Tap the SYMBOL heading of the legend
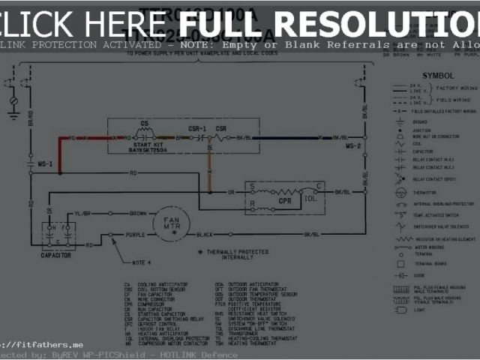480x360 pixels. [437, 76]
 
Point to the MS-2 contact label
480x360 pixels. [353, 145]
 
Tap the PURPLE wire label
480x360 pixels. [135, 235]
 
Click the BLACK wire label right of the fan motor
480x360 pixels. [205, 235]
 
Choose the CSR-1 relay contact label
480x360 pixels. [197, 129]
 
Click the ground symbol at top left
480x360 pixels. [13, 112]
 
